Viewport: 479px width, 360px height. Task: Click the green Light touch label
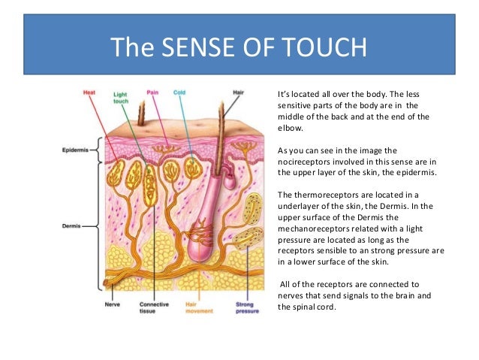[x=120, y=98]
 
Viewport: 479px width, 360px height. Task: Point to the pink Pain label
[x=152, y=92]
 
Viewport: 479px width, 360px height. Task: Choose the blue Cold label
[x=179, y=92]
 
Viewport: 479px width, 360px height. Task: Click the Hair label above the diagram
[x=239, y=92]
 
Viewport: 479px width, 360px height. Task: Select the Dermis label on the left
[x=76, y=225]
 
